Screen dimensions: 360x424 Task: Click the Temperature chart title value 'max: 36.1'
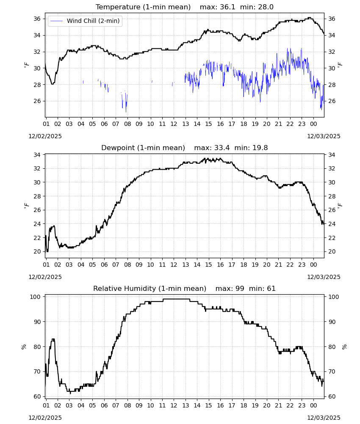coord(217,7)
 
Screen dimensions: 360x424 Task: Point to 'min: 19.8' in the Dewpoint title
coord(251,148)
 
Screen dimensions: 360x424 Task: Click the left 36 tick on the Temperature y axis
coord(37,19)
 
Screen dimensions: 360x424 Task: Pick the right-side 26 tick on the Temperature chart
coord(332,101)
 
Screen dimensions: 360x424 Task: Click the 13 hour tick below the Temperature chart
coord(186,124)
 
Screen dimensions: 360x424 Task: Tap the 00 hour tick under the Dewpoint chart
coord(313,265)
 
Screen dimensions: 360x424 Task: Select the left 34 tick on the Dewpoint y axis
coord(37,155)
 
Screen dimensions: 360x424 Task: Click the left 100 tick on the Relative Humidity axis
coord(36,297)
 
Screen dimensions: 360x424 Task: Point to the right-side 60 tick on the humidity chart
coord(332,397)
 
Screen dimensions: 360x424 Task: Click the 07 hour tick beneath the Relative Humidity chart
coord(116,405)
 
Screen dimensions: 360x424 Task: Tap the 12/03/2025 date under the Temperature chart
coord(324,136)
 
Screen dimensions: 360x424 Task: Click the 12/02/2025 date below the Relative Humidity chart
coord(45,418)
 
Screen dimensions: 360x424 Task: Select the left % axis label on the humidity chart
coord(24,347)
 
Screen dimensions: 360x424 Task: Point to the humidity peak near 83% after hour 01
coord(53,339)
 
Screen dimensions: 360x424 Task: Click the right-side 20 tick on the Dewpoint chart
coord(332,252)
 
